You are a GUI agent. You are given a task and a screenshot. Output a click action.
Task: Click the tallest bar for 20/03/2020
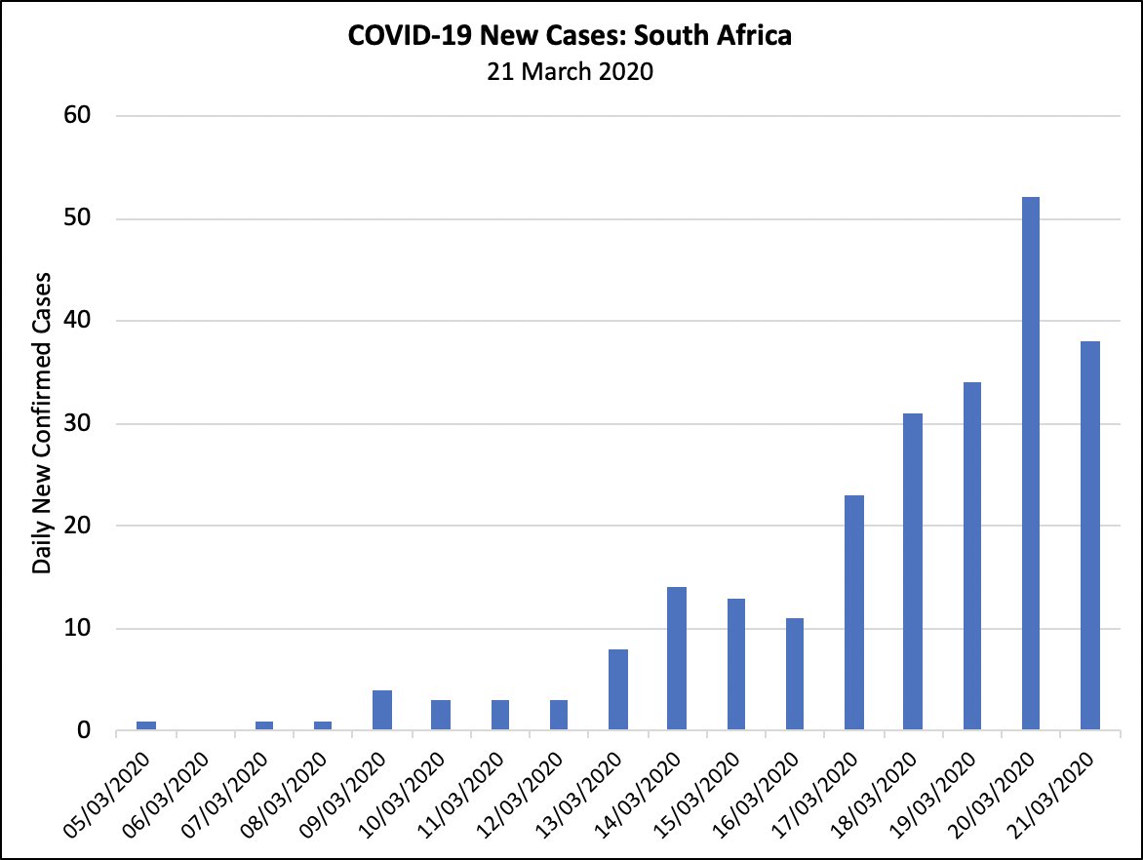pyautogui.click(x=1031, y=463)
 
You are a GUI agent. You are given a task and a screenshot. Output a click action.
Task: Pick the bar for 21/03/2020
pyautogui.click(x=1089, y=535)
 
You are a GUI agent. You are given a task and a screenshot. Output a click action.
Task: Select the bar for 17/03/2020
pyautogui.click(x=853, y=612)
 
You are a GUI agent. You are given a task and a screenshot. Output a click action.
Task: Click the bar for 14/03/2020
pyautogui.click(x=677, y=658)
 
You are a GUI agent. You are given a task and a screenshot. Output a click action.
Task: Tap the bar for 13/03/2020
pyautogui.click(x=617, y=689)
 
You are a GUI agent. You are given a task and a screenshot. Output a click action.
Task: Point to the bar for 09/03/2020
pyautogui.click(x=382, y=710)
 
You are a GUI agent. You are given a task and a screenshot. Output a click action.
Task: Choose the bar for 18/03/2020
pyautogui.click(x=912, y=571)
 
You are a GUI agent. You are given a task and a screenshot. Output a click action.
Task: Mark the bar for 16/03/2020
pyautogui.click(x=795, y=674)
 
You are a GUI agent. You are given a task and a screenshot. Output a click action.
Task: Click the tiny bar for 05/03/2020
pyautogui.click(x=146, y=725)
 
